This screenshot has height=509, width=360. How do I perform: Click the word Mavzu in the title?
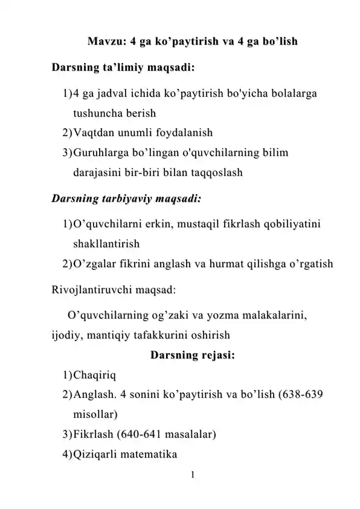(x=105, y=43)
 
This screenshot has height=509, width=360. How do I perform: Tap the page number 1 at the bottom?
(x=192, y=475)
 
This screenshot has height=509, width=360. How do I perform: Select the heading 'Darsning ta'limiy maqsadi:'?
(x=123, y=66)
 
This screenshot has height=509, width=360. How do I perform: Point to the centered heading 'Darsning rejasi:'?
(x=193, y=354)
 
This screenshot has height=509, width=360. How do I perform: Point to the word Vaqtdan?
(x=94, y=132)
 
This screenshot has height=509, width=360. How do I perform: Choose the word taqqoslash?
(x=216, y=172)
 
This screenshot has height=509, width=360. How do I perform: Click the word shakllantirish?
(x=106, y=244)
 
